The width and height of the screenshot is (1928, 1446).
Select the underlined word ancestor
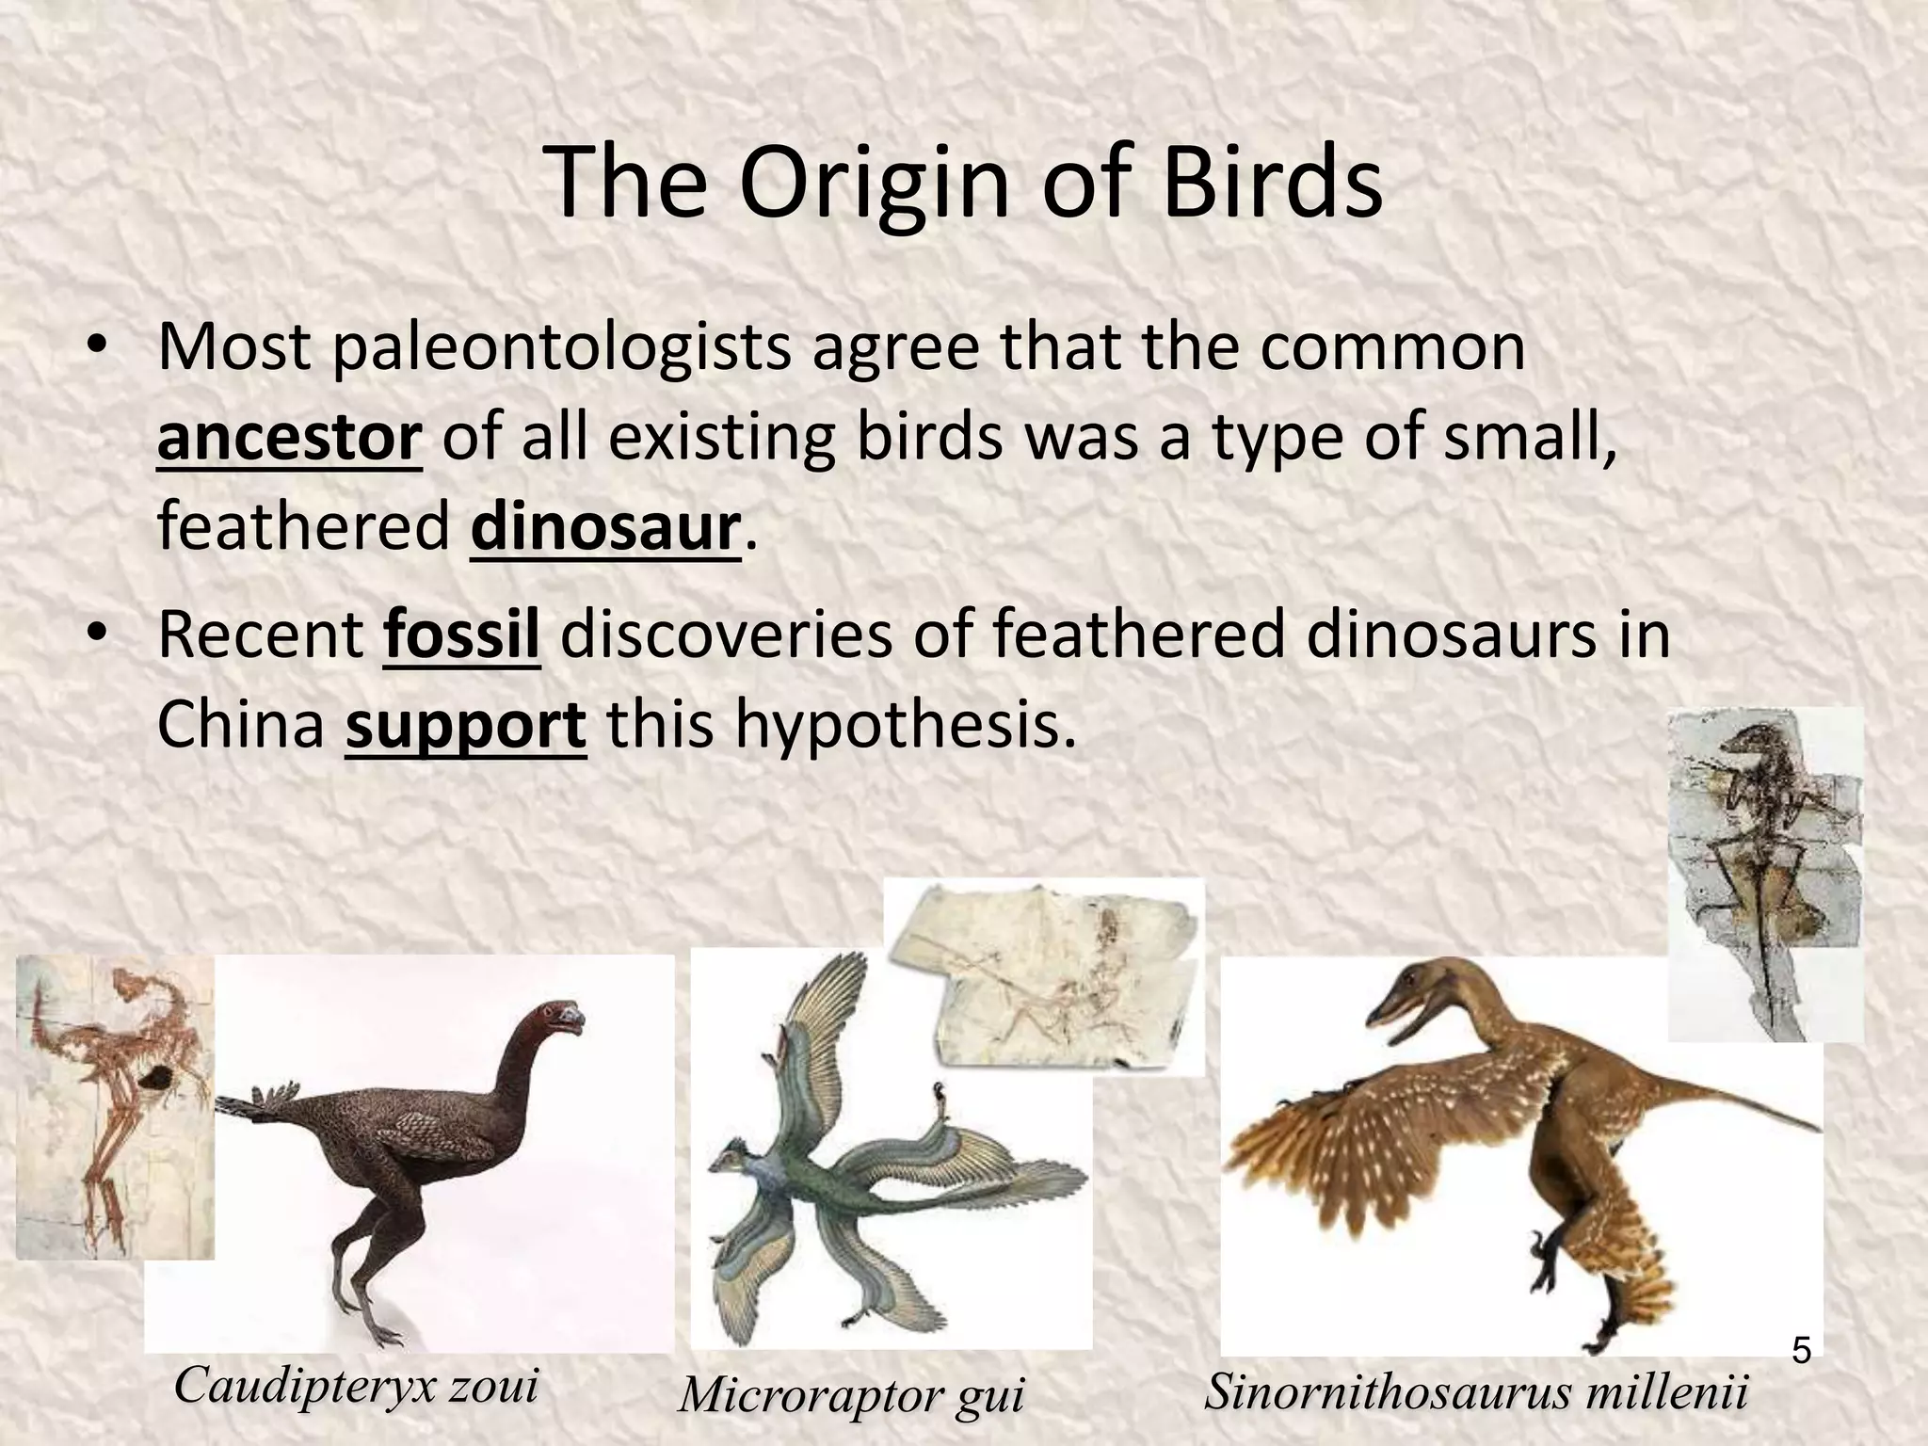tap(289, 439)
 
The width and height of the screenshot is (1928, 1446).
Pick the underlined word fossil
tap(461, 635)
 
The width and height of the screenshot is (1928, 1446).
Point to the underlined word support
tap(466, 725)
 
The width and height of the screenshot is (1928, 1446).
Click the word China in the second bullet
tap(240, 725)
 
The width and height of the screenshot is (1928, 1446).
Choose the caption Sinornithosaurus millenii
tap(1476, 1391)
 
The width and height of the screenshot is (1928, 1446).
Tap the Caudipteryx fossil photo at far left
tap(113, 1106)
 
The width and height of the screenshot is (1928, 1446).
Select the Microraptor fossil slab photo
tap(1045, 974)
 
